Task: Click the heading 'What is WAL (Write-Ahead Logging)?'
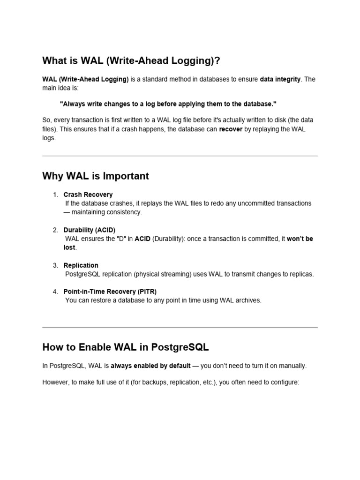(x=131, y=60)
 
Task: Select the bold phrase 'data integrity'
(x=280, y=79)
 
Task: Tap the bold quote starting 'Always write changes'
(x=168, y=103)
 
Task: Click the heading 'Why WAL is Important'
(x=96, y=176)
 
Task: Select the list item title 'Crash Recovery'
(x=88, y=195)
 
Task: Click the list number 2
(x=55, y=230)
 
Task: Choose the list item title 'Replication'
(x=81, y=265)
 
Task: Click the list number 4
(x=55, y=292)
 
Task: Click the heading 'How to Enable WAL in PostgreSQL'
(x=126, y=347)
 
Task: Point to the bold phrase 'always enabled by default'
(x=150, y=366)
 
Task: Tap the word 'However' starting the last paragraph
(x=55, y=382)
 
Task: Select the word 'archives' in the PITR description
(x=248, y=300)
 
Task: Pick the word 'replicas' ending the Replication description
(x=300, y=274)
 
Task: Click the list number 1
(x=55, y=195)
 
